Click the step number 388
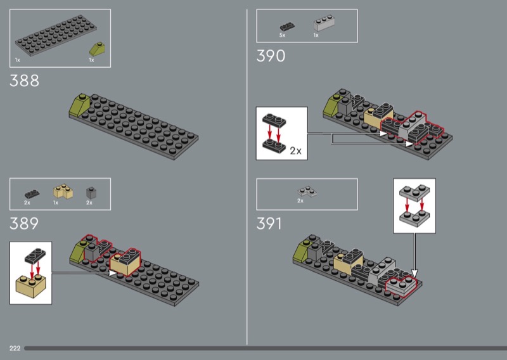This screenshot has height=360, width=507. coord(24,80)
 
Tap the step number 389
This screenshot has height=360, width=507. coord(24,224)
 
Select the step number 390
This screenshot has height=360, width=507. coord(271,56)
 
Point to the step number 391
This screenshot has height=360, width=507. coord(269,224)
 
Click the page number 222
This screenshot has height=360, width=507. coord(15,349)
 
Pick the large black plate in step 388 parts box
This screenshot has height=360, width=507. coord(56,35)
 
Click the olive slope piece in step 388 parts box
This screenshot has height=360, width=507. coord(97,49)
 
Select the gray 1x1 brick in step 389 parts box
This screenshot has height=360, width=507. coord(91,193)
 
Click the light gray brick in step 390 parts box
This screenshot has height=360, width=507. coord(324,23)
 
